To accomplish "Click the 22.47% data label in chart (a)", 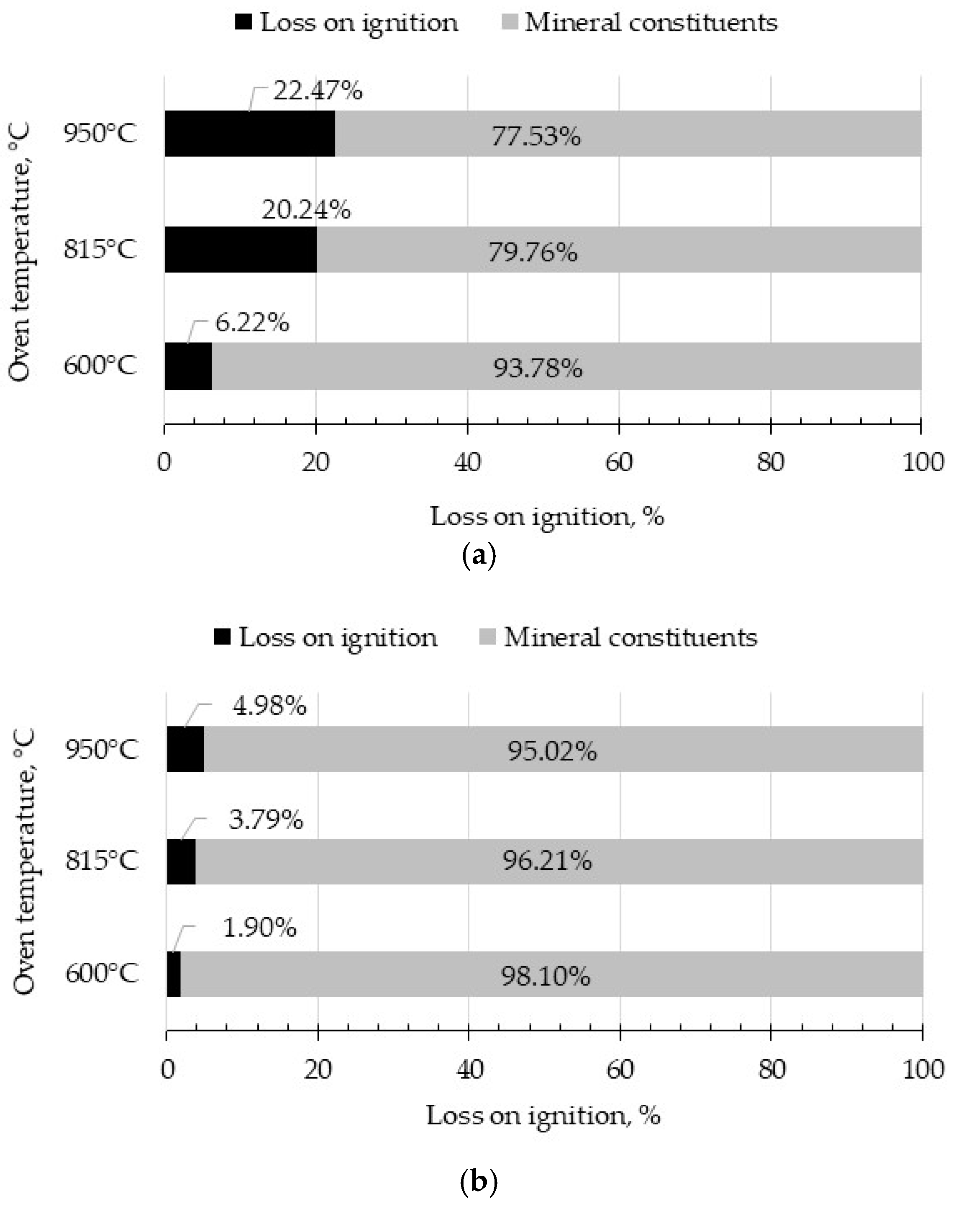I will tap(318, 90).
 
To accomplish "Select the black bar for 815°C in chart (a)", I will tap(241, 250).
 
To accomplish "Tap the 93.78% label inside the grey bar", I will tap(538, 369).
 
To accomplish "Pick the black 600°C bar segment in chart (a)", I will tap(188, 366).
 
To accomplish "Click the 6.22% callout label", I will tap(252, 323).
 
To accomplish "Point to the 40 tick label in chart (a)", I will tap(468, 463).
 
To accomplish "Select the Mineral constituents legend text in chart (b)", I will tap(630, 637).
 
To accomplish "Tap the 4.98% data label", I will tap(269, 706).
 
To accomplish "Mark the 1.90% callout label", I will tap(259, 928).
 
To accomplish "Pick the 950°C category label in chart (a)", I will tap(100, 134).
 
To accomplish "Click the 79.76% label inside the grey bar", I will tap(533, 253).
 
